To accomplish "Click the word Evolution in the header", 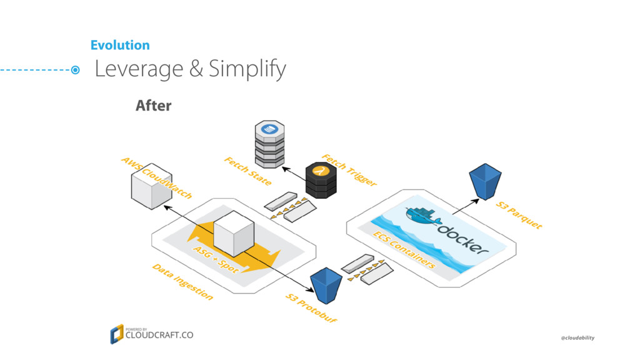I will (120, 45).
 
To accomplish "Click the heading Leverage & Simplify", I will (190, 69).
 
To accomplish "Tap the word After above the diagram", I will (153, 106).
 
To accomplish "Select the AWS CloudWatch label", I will (156, 178).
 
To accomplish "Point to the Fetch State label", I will (247, 171).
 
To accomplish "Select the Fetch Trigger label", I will (349, 169).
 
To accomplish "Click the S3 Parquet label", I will (519, 215).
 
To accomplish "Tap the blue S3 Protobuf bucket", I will (325, 285).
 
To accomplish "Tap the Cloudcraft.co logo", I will (152, 334).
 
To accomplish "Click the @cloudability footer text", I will (577, 337).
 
